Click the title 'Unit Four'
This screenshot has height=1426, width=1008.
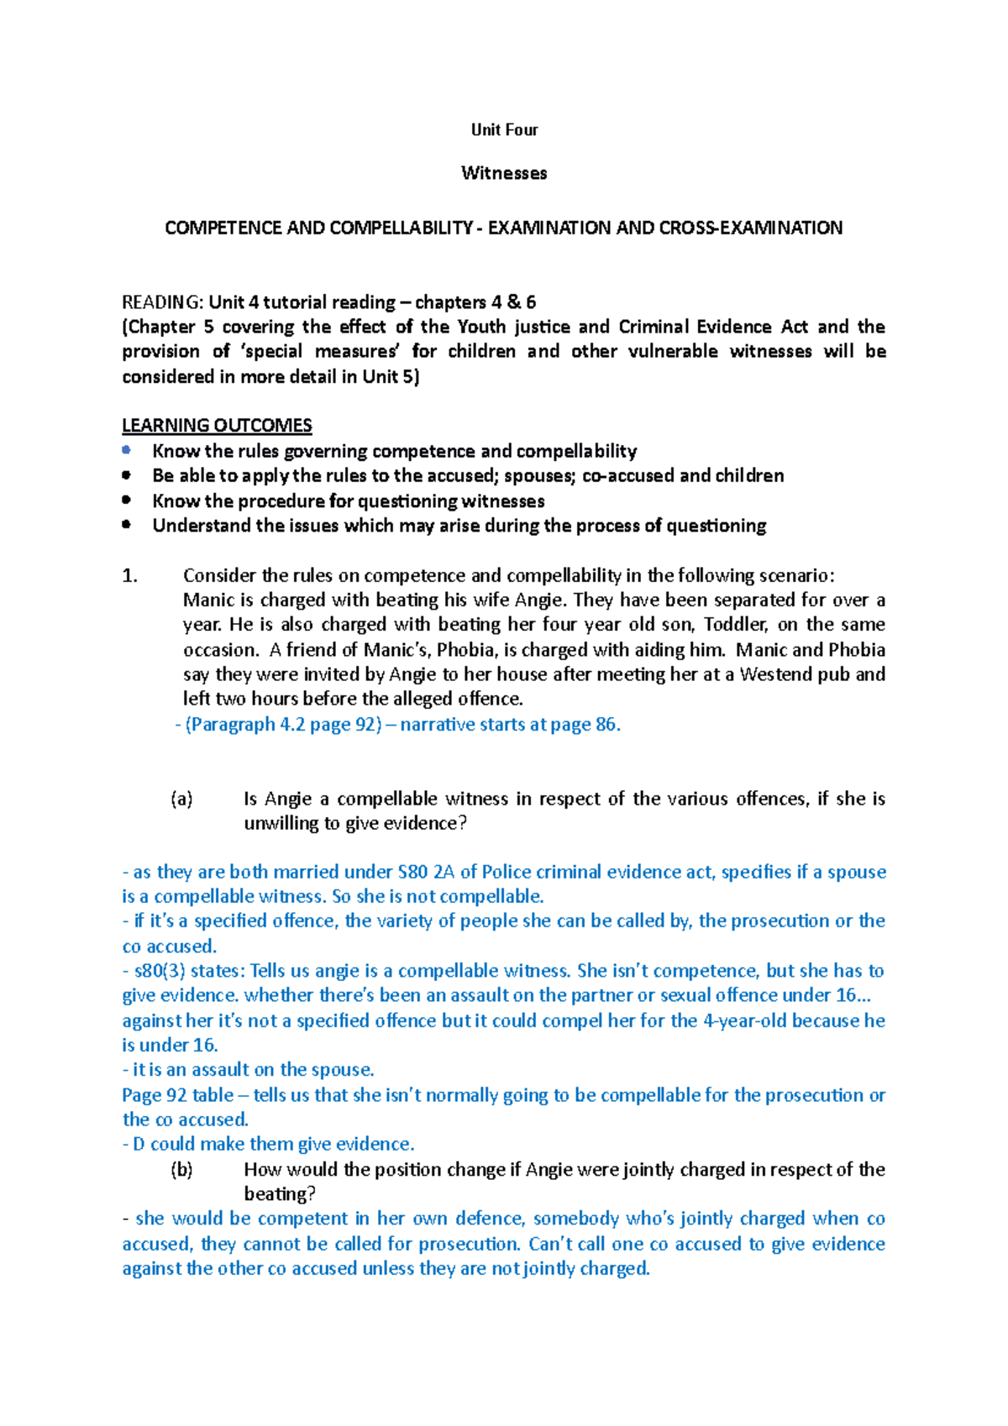click(x=504, y=129)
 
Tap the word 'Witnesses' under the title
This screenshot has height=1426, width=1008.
click(x=504, y=173)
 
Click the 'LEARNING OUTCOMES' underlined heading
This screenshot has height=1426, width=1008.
click(x=217, y=426)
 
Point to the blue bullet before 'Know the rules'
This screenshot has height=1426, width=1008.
click(x=127, y=451)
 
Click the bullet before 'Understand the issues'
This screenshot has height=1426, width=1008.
click(x=127, y=525)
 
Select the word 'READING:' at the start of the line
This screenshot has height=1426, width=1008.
click(x=162, y=302)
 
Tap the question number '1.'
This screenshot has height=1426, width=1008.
click(x=129, y=575)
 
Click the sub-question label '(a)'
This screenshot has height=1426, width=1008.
click(x=181, y=799)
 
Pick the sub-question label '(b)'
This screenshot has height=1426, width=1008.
click(x=181, y=1169)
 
